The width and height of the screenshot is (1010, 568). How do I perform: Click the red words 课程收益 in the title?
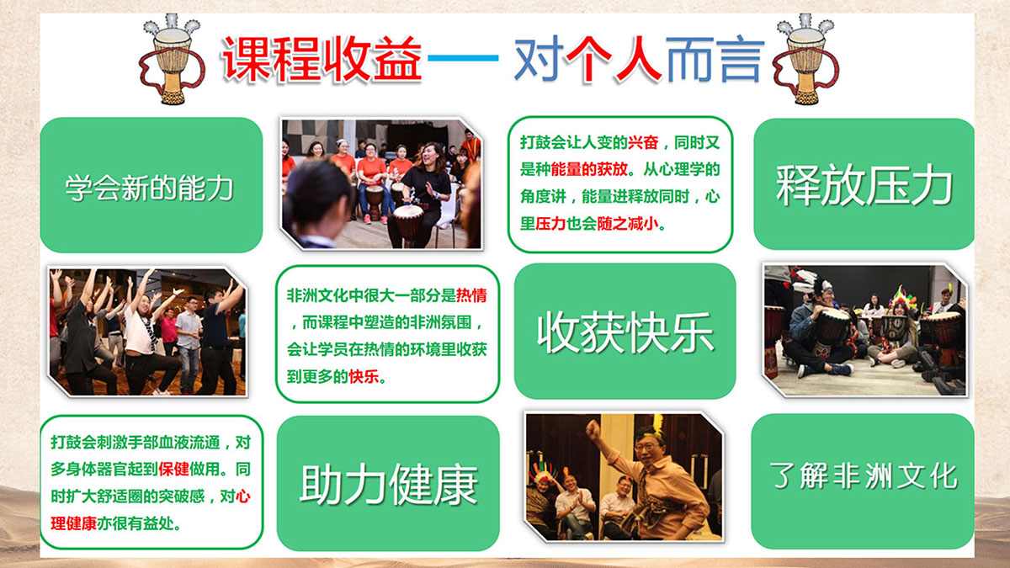coord(322,59)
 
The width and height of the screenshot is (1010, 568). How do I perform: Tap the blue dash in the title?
coord(463,58)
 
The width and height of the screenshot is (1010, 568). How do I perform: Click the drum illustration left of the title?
coord(172,59)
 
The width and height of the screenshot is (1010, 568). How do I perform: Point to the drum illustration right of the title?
coord(805,59)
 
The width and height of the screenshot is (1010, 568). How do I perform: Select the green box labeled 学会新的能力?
coord(151,185)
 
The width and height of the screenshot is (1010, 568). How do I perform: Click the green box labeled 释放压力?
coord(864,184)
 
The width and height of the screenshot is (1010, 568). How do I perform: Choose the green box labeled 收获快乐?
coord(625,332)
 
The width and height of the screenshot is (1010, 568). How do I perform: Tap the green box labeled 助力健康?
coord(388,483)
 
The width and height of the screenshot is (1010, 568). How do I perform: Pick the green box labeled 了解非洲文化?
coord(863,481)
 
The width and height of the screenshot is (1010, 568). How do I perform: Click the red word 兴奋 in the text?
coord(643,143)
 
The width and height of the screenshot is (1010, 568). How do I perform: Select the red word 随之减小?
coord(628,224)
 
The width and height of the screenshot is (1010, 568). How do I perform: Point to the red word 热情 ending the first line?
coord(471,295)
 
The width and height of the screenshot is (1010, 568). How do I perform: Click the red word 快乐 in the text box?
coord(364,376)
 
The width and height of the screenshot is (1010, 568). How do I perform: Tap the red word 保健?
coord(173,470)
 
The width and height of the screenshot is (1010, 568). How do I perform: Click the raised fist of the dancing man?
coord(593,429)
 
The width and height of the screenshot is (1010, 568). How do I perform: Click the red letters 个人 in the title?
coord(614,59)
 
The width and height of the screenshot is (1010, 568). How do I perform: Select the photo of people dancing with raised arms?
coord(147,332)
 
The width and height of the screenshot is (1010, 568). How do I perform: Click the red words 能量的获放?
coord(589,169)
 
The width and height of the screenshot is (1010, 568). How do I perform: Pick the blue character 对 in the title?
coord(539,59)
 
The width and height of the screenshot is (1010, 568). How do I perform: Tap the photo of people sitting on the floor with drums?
coord(865,330)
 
